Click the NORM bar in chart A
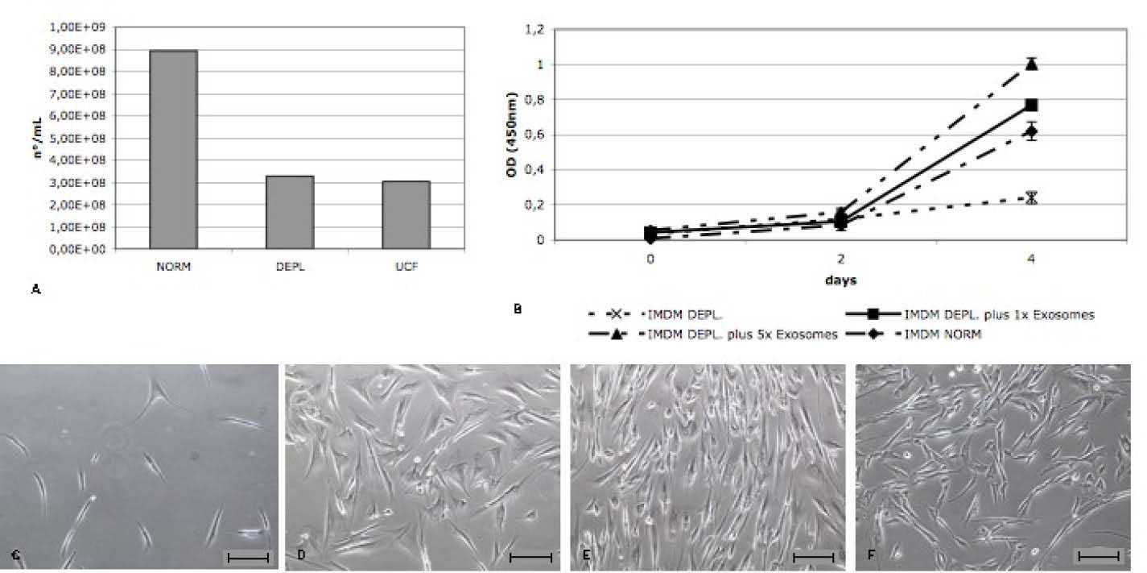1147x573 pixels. [173, 150]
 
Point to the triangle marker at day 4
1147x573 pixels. [1031, 64]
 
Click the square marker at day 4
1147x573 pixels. [1031, 105]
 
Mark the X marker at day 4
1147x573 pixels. [1031, 197]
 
